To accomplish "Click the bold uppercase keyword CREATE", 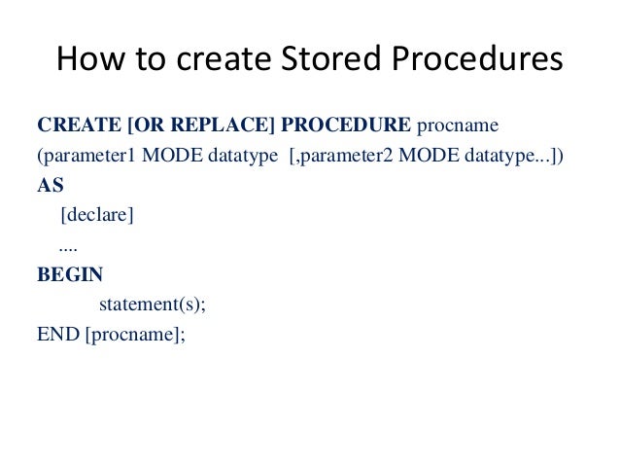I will coord(74,126).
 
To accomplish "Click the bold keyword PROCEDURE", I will coord(346,126).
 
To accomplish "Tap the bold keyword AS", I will coord(50,186).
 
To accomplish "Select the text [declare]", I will coord(96,215).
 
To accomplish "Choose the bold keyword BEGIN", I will coord(69,274).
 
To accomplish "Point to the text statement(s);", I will coord(154,305).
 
